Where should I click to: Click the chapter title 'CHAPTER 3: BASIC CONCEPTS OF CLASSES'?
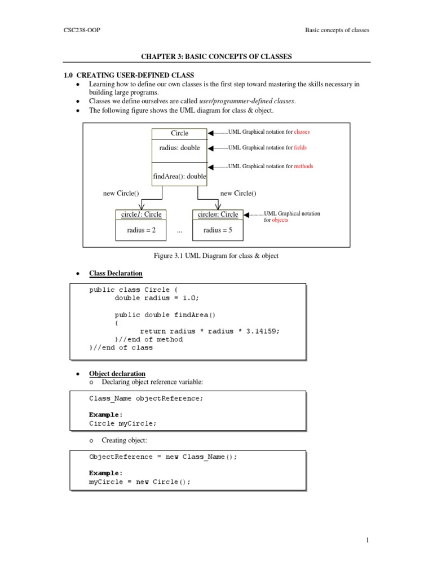pos(216,57)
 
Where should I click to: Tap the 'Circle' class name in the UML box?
pos(179,133)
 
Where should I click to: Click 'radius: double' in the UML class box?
pos(179,148)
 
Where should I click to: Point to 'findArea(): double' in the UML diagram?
pos(179,177)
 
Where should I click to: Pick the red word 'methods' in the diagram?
pos(303,167)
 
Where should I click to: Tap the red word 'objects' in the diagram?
pos(280,220)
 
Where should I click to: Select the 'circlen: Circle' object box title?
pos(218,214)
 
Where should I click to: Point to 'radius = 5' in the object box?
pos(218,230)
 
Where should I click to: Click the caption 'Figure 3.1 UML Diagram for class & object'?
pos(216,256)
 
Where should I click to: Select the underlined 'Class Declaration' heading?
pos(116,274)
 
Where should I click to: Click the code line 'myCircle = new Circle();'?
pos(140,482)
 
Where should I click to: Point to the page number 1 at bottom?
pos(367,541)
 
